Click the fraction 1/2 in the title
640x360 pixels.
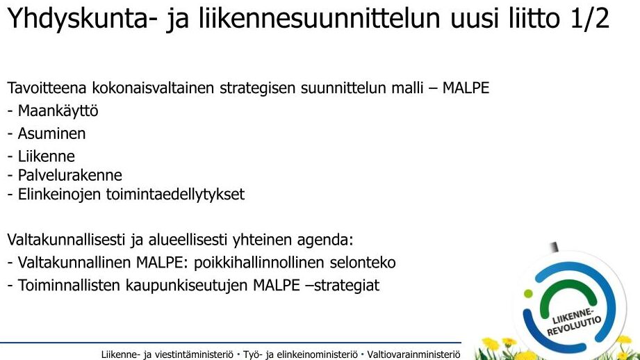[589, 17]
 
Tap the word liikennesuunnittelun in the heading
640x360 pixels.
[320, 17]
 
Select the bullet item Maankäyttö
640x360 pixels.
[58, 111]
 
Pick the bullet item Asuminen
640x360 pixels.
[51, 133]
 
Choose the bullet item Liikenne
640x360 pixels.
[46, 156]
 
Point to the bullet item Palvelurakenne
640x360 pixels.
[69, 175]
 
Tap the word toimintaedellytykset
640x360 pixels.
[176, 195]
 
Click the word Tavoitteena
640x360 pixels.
[47, 88]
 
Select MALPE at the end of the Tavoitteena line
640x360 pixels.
[466, 88]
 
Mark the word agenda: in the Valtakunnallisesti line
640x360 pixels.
[325, 240]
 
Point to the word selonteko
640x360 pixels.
[363, 263]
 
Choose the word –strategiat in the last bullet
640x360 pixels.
[343, 286]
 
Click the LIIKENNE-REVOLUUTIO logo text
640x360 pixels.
[573, 321]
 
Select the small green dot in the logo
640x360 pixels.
[528, 293]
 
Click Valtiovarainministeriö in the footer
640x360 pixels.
[414, 354]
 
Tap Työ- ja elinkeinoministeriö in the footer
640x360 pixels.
[300, 354]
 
